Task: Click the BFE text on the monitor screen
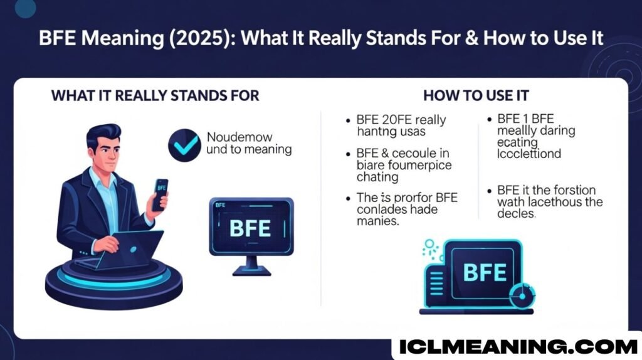click(x=251, y=228)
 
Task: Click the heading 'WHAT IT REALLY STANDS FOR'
click(x=155, y=96)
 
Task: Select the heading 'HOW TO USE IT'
click(x=476, y=96)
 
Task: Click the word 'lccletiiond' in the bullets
click(x=529, y=153)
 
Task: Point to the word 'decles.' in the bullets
click(x=517, y=213)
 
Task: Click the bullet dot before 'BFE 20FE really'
click(x=347, y=119)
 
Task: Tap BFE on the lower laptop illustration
click(x=484, y=272)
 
